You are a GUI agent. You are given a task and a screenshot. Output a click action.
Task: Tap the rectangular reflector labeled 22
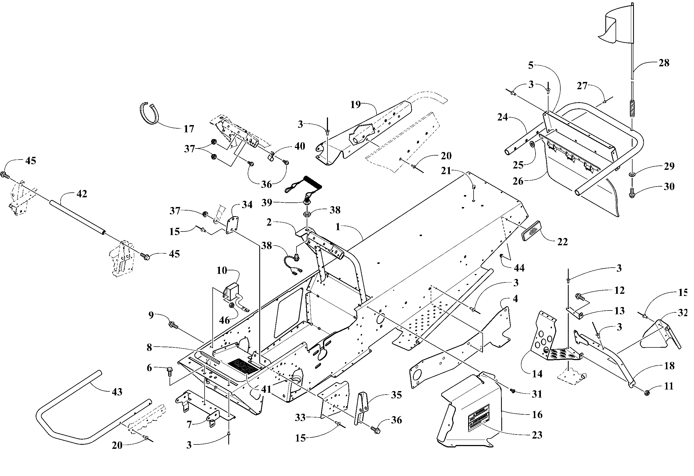[x=534, y=230]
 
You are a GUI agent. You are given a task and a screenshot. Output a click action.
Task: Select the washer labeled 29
[x=632, y=174]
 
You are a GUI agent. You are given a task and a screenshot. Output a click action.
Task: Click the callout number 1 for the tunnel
[x=338, y=227]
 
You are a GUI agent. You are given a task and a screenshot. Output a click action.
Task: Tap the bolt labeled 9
[x=172, y=324]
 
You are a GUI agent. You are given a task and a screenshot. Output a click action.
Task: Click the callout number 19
[x=355, y=105]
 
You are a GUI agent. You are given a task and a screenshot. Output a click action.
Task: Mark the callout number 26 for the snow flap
[x=518, y=181]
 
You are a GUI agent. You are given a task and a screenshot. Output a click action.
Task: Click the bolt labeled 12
[x=579, y=297]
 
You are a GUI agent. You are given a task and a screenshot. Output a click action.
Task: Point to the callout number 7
[x=189, y=424]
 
